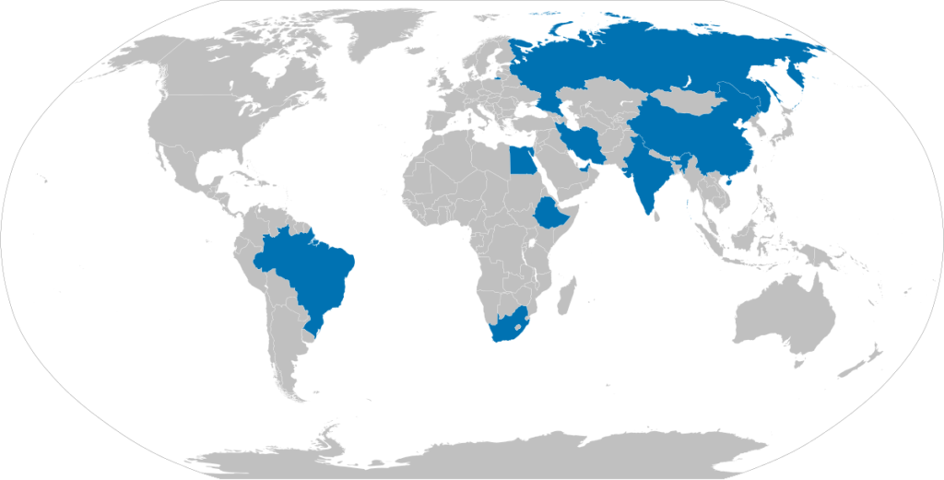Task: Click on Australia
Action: [784, 313]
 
